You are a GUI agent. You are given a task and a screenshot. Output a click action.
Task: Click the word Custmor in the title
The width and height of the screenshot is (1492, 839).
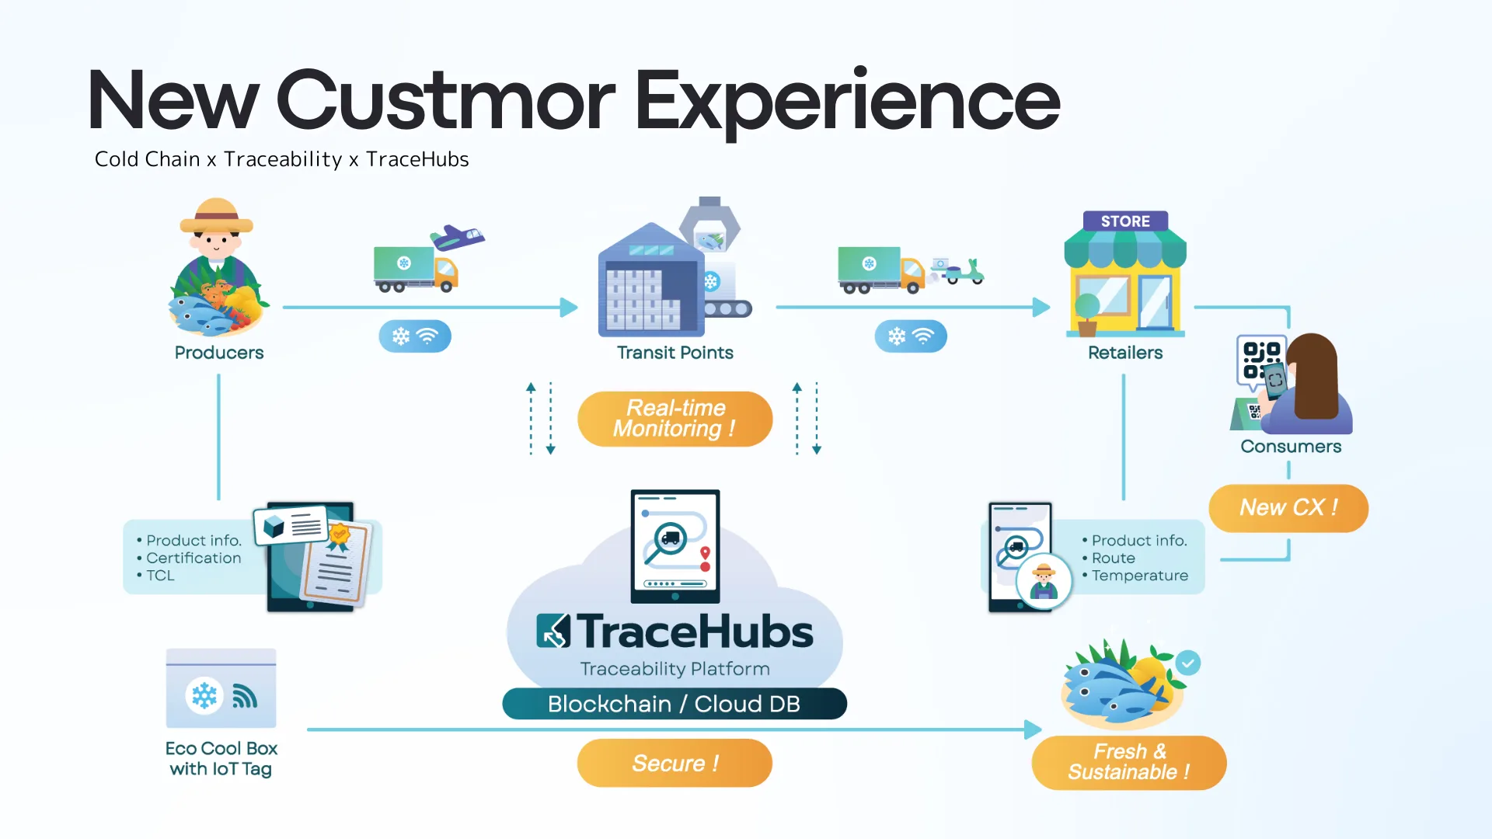pyautogui.click(x=445, y=101)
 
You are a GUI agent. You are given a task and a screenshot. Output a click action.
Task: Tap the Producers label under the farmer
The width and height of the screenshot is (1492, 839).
pyautogui.click(x=219, y=353)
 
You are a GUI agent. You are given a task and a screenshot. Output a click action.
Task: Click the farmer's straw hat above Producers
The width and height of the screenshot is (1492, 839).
pyautogui.click(x=217, y=217)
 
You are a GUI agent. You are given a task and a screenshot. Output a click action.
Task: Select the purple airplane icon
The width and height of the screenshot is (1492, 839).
pyautogui.click(x=458, y=236)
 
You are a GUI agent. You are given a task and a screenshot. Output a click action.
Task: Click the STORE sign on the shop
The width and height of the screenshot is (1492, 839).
pyautogui.click(x=1125, y=221)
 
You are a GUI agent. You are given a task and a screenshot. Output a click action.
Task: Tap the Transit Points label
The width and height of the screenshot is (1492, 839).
pyautogui.click(x=675, y=353)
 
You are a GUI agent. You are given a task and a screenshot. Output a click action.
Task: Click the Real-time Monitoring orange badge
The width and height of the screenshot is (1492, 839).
pyautogui.click(x=675, y=419)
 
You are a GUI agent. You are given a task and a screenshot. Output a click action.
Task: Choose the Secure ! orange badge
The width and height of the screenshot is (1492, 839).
pyautogui.click(x=675, y=763)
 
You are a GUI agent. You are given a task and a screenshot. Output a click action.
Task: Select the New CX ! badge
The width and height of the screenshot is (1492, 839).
pyautogui.click(x=1288, y=508)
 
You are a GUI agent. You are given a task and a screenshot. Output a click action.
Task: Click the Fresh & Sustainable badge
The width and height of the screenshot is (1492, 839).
pyautogui.click(x=1128, y=762)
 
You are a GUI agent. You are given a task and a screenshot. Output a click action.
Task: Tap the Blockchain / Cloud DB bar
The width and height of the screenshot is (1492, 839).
pyautogui.click(x=674, y=704)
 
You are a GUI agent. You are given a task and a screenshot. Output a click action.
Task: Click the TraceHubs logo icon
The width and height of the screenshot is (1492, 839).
pyautogui.click(x=553, y=631)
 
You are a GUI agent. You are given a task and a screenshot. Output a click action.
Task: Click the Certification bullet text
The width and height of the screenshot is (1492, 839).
pyautogui.click(x=193, y=558)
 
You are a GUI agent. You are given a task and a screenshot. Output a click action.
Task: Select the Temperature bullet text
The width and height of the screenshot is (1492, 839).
pyautogui.click(x=1139, y=576)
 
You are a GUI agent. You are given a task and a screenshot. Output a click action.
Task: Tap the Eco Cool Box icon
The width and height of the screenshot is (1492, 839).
pyautogui.click(x=221, y=689)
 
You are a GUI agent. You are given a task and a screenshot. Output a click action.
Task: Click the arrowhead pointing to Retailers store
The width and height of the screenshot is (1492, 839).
pyautogui.click(x=1041, y=308)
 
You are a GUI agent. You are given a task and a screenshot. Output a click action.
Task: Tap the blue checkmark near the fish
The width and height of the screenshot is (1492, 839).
pyautogui.click(x=1187, y=663)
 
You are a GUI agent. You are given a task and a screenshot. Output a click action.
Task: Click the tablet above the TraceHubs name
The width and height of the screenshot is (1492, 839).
pyautogui.click(x=675, y=545)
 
